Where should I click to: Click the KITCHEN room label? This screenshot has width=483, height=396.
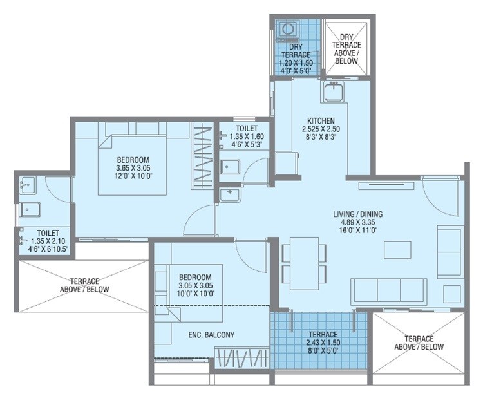point(320,120)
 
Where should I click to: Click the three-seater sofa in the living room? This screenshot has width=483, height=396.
point(388,290)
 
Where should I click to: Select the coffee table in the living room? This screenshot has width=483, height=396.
point(398,249)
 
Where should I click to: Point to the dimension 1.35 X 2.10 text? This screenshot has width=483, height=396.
point(48,240)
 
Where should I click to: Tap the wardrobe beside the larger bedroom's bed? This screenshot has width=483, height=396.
point(203,157)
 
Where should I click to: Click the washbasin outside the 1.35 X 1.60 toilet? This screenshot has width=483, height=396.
point(229,194)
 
